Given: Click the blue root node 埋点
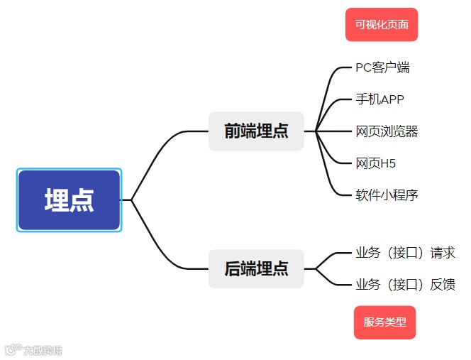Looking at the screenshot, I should point(69,200).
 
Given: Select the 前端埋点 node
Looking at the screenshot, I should point(256,131).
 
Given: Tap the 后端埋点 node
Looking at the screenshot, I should point(256,268).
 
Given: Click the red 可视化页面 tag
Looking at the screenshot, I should point(382,25).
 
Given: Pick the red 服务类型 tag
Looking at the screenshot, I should point(384,322).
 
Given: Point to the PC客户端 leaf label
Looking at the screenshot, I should point(382,68).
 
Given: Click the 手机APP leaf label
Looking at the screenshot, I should point(379,99).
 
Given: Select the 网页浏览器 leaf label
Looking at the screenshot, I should point(387,131).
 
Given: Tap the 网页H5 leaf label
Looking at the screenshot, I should point(376,163).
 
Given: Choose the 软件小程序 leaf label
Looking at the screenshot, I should point(387,195).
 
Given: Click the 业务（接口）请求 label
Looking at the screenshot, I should point(405,253).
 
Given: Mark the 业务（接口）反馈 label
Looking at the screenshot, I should point(405,285).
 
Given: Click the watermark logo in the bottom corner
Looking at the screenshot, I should point(33,349).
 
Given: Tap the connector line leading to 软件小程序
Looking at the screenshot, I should point(329,178).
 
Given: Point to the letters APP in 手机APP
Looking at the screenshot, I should point(392,99).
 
